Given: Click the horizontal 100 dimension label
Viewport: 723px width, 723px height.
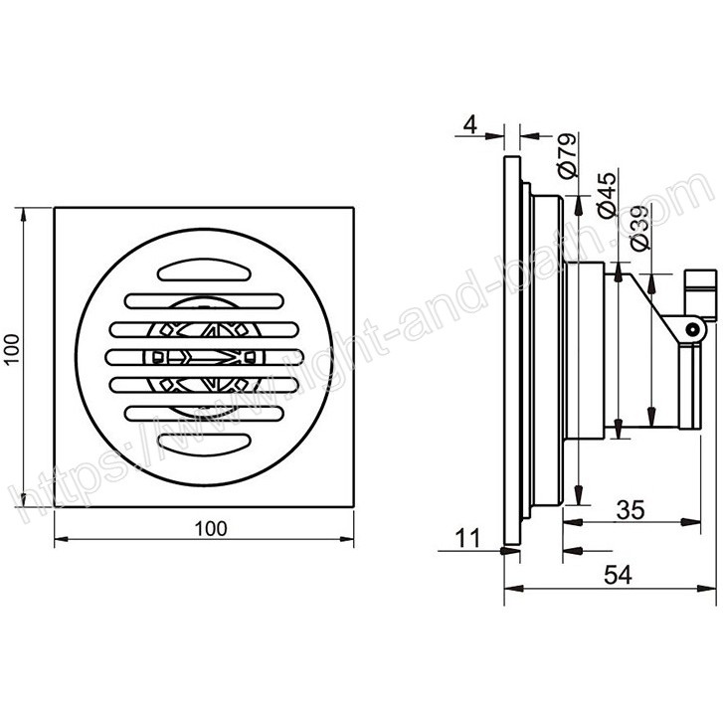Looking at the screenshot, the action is click(211, 528).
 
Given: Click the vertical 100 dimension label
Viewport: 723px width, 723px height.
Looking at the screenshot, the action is click(13, 349).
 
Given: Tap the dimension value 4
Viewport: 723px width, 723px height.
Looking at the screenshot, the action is click(469, 124).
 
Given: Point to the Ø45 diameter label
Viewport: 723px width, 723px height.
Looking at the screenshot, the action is click(607, 195).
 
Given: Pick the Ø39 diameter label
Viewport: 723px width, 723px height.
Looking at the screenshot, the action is click(640, 228).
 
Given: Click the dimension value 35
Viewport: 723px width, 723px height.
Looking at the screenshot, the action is click(631, 509).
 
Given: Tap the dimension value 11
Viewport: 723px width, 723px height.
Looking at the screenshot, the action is click(468, 538).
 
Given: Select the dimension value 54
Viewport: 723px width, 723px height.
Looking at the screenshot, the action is click(618, 575).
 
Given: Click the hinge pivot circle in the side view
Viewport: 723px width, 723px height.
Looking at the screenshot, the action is click(691, 329).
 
